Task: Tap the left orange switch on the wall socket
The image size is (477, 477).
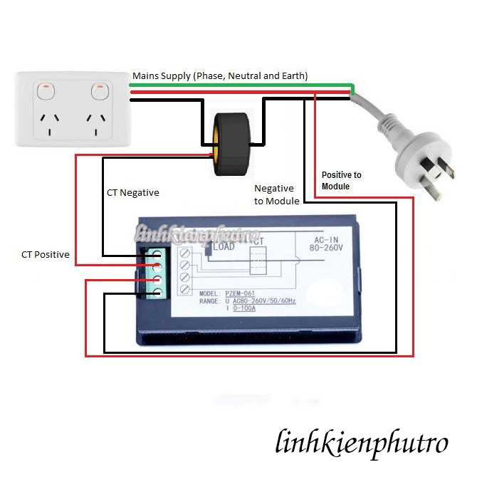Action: tap(47, 90)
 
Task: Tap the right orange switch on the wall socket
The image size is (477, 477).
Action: tap(99, 90)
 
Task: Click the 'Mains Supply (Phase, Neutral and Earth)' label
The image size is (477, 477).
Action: tap(220, 75)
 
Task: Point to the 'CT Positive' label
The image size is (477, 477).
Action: tap(45, 254)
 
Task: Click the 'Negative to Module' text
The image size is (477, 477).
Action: tap(274, 194)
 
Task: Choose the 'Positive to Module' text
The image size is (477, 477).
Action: tap(341, 180)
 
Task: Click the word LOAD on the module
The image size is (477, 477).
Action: tap(224, 246)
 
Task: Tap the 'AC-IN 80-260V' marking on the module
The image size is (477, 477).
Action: tap(328, 244)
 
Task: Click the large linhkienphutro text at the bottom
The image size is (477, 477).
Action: tap(361, 443)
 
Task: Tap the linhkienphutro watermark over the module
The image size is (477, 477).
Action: tap(196, 234)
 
